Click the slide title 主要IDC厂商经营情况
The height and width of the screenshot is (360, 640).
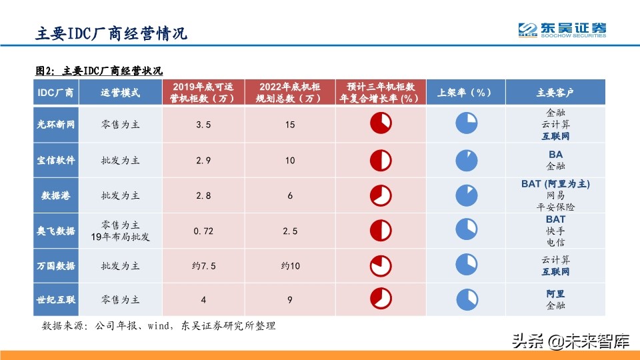point(111,33)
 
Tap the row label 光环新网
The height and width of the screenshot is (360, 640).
point(55,124)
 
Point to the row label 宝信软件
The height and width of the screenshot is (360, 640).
point(55,160)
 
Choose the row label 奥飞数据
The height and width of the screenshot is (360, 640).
point(55,231)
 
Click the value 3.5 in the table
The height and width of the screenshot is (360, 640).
point(203,125)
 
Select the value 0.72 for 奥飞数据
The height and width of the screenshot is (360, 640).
point(203,231)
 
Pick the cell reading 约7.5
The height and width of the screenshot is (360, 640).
point(203,266)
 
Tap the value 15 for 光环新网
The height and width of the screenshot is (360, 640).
point(290,125)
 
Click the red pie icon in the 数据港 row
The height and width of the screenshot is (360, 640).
point(381,195)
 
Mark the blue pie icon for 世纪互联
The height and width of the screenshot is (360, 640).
point(466,300)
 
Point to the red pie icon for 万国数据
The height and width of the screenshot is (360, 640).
point(381,266)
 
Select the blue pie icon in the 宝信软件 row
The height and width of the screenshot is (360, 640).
point(466,160)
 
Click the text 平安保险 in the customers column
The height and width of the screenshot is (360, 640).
point(555,207)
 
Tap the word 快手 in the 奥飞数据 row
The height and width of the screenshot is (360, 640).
point(555,231)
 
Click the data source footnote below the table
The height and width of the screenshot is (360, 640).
point(159,326)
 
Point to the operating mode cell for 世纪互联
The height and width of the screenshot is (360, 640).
point(121,300)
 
